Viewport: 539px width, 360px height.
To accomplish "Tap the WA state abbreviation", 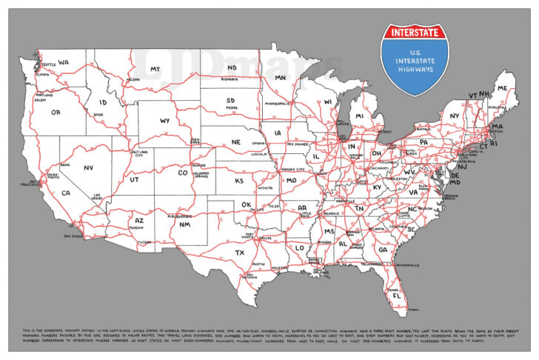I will coord(64,62).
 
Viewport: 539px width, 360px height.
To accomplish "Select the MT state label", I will coord(155,70).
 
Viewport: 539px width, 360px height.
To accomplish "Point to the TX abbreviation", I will coord(240,253).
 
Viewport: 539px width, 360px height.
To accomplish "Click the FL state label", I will coord(398,295).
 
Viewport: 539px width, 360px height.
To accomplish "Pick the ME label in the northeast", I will coord(503,88).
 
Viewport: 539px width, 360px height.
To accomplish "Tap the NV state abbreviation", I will coord(88,168).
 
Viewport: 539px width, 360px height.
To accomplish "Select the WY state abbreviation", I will coord(164,120).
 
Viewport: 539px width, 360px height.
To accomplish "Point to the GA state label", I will coord(383,249).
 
